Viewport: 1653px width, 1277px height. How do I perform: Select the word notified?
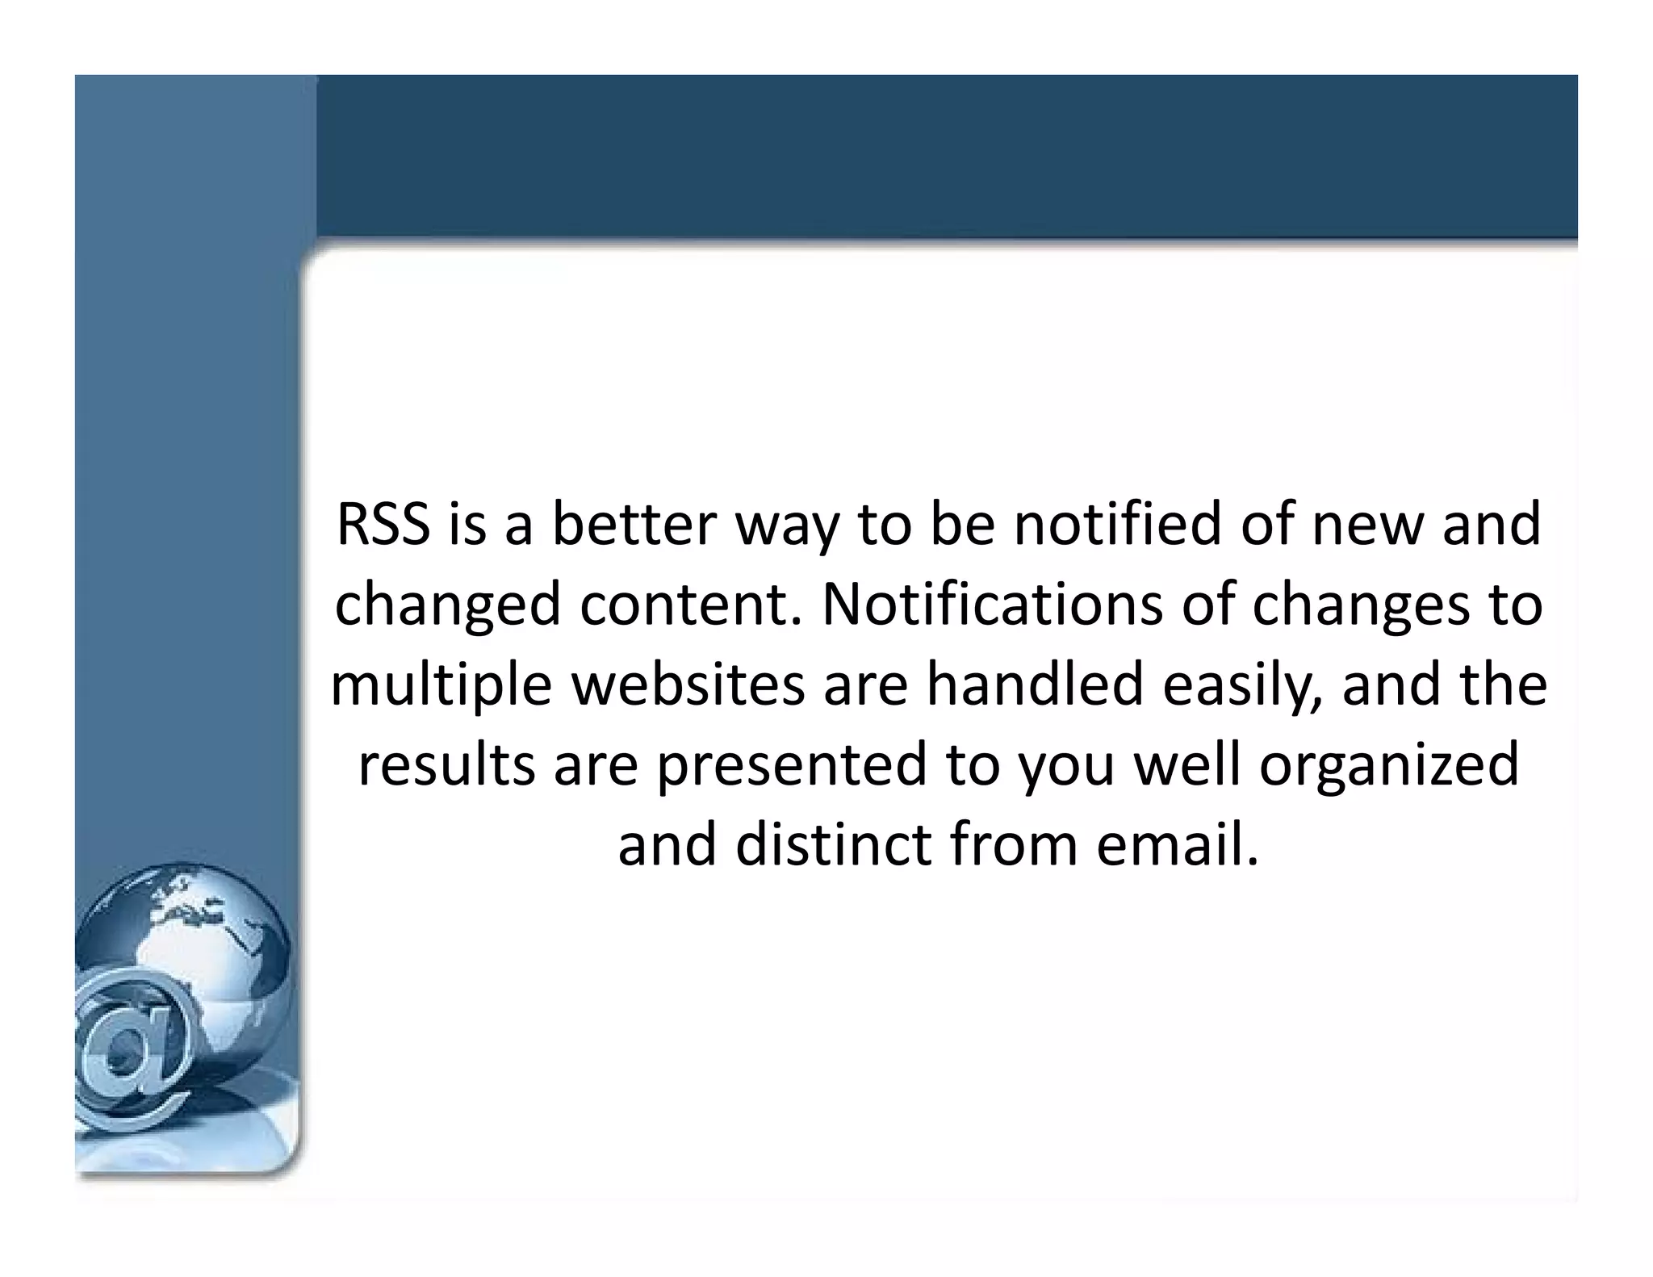[x=1118, y=525]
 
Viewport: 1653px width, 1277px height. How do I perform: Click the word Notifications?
[x=993, y=605]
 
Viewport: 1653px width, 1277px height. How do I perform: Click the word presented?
[x=791, y=766]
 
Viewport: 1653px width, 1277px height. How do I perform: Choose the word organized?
[x=1389, y=766]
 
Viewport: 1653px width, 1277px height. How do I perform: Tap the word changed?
[x=447, y=606]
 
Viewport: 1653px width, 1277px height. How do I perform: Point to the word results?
[x=446, y=764]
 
